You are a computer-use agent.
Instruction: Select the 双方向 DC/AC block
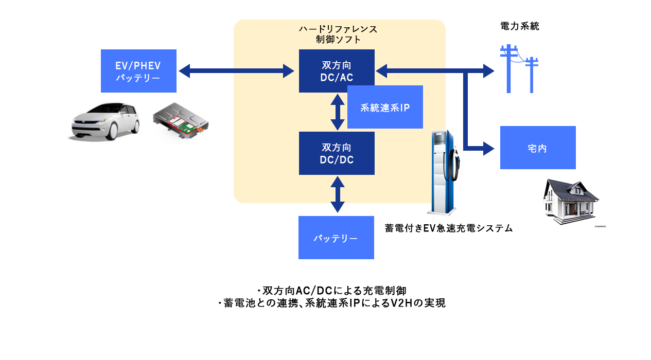click(337, 71)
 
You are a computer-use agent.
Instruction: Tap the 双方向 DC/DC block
click(337, 153)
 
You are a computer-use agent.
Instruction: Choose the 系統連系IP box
click(385, 107)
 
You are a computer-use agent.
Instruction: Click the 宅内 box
click(537, 148)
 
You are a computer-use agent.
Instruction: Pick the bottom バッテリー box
click(336, 238)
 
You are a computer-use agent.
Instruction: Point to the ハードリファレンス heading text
click(338, 29)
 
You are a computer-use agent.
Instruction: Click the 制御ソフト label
click(338, 40)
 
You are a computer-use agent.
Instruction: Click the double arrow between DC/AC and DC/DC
click(337, 112)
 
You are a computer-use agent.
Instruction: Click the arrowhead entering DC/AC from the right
click(381, 71)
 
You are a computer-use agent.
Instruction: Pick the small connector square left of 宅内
click(489, 148)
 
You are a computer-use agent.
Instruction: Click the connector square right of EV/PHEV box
click(184, 71)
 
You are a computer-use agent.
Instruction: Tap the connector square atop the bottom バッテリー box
click(338, 208)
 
